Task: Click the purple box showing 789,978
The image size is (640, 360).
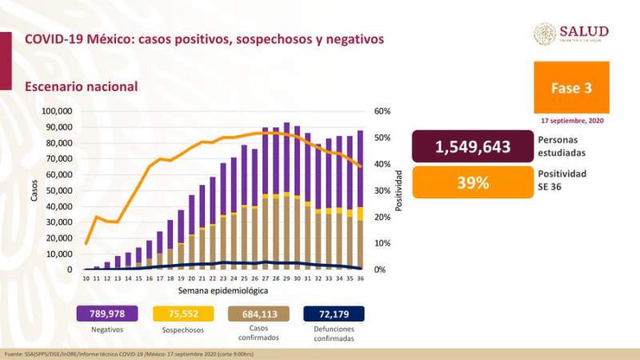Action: [106, 314]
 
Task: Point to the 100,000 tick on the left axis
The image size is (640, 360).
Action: [56, 111]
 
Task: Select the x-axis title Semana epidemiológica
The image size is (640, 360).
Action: [218, 290]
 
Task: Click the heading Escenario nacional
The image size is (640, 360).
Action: [81, 86]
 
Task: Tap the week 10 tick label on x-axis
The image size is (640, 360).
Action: [86, 278]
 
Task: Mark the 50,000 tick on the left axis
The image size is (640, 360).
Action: [59, 190]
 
